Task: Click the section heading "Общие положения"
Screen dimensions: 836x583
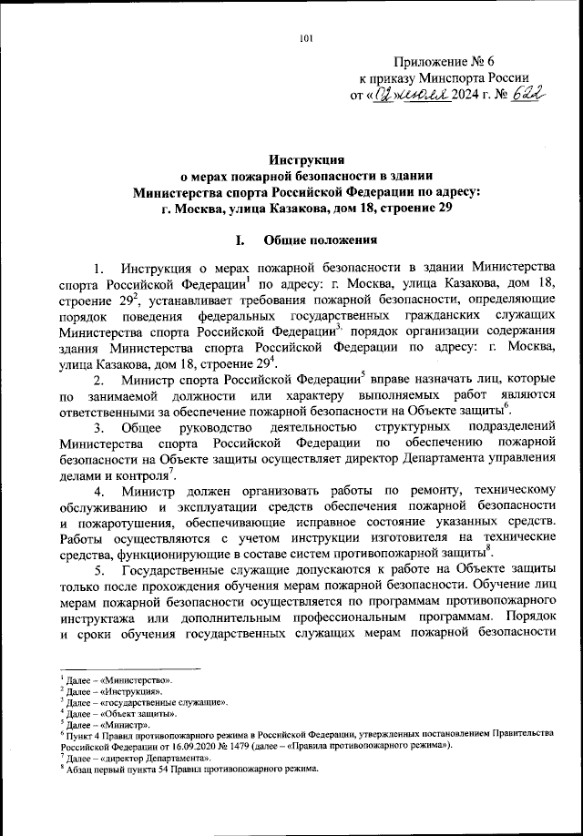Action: (319, 241)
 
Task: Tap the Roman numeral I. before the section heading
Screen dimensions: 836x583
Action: (240, 241)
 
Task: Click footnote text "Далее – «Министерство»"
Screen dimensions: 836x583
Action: (118, 679)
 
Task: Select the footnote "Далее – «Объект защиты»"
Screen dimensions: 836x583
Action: (119, 714)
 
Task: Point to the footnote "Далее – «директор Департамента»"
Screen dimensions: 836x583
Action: (132, 757)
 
